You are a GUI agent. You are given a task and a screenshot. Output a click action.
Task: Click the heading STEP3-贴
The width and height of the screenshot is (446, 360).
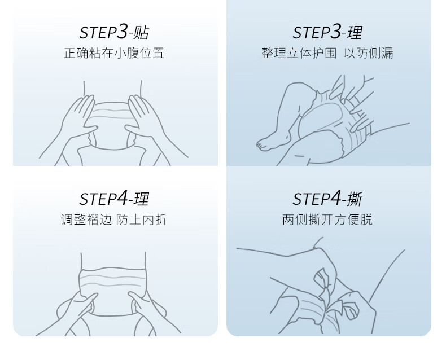pyautogui.click(x=114, y=32)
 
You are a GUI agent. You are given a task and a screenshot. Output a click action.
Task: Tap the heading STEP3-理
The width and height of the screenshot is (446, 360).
pyautogui.click(x=327, y=32)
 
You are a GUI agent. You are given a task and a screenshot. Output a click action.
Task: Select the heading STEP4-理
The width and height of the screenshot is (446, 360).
pyautogui.click(x=114, y=198)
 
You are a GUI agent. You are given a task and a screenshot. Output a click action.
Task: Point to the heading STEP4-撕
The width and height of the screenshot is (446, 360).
pyautogui.click(x=327, y=198)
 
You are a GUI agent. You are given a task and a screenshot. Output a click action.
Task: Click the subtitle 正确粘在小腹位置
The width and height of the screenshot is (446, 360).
pyautogui.click(x=114, y=53)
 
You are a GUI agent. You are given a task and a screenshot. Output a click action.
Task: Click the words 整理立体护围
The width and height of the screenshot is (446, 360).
pyautogui.click(x=299, y=53)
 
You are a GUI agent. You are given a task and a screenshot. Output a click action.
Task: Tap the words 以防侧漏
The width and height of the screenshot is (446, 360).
pyautogui.click(x=369, y=53)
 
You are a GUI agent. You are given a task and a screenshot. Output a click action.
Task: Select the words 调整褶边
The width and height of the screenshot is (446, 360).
pyautogui.click(x=86, y=219)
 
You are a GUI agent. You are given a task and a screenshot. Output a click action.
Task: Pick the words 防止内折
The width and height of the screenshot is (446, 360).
pyautogui.click(x=142, y=219)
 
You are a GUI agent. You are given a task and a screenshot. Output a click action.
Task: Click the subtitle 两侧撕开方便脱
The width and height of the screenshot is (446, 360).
pyautogui.click(x=327, y=219)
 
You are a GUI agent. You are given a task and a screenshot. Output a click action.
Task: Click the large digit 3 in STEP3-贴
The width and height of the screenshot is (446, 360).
pyautogui.click(x=123, y=31)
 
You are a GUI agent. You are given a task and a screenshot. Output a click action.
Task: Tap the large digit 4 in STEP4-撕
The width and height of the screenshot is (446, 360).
pyautogui.click(x=336, y=197)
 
